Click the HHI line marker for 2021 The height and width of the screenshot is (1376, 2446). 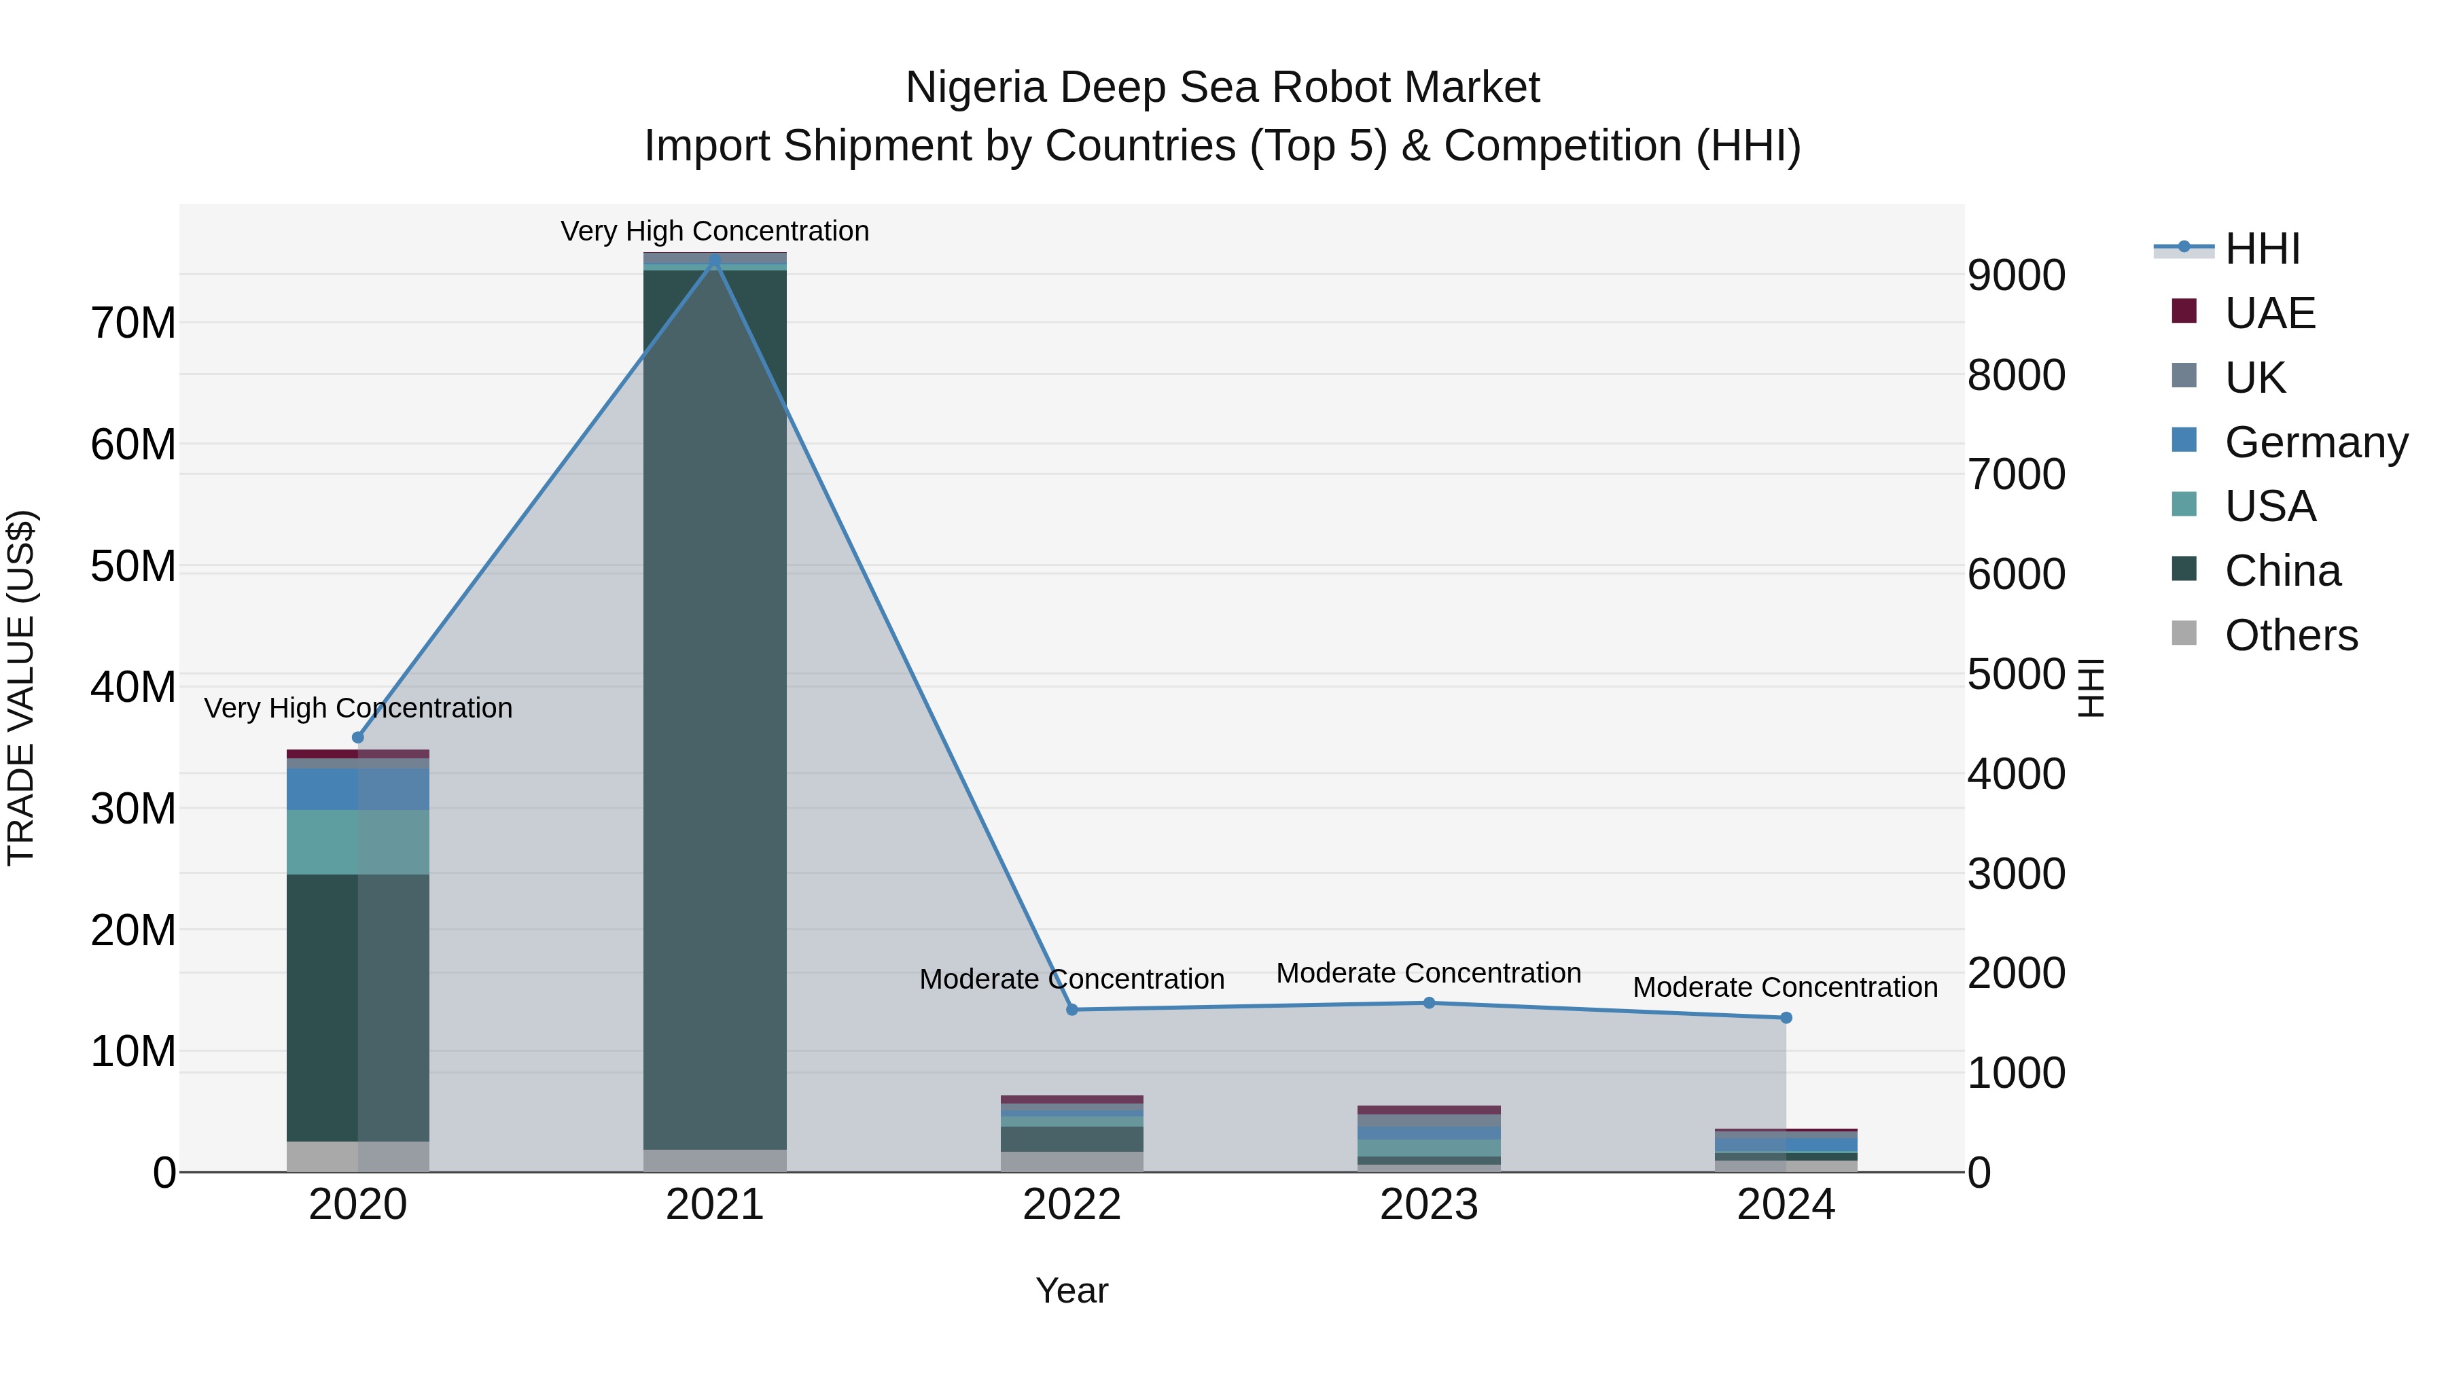click(715, 260)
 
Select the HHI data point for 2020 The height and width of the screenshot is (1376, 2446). click(358, 738)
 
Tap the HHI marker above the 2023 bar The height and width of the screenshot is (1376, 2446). click(1429, 1003)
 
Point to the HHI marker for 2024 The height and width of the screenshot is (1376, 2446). click(1786, 1018)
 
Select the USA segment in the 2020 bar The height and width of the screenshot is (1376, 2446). click(358, 843)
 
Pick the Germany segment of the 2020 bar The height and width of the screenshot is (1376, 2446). click(358, 789)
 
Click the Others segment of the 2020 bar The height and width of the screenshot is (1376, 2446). click(358, 1157)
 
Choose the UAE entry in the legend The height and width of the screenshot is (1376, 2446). click(2269, 313)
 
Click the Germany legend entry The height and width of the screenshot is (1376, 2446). click(2315, 442)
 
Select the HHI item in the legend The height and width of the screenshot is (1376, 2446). click(2262, 249)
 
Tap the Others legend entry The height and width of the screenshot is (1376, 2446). click(2290, 635)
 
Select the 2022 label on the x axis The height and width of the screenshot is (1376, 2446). click(1072, 1205)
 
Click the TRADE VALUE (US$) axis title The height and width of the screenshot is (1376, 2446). click(21, 688)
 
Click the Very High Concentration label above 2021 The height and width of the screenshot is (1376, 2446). click(715, 231)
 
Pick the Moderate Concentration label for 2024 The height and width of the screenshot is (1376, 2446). click(1785, 987)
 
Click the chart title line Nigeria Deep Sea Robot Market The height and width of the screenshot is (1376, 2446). click(1222, 88)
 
